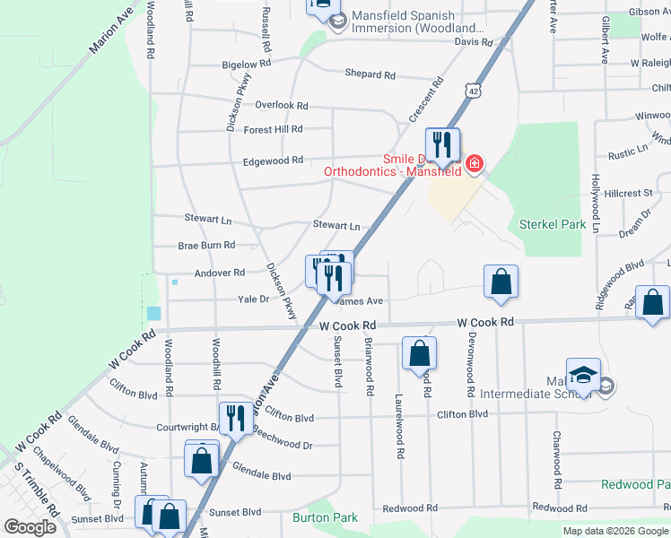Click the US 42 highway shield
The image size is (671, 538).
point(473,91)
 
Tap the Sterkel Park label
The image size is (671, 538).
point(552,224)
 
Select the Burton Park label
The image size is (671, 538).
point(325,517)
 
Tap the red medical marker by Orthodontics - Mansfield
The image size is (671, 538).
point(474,165)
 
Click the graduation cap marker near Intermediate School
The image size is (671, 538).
point(583,376)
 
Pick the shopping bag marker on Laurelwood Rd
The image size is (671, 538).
point(419,354)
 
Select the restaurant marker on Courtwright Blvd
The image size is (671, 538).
point(236,419)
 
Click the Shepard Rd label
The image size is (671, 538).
point(370,75)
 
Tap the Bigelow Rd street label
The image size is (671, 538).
point(246,65)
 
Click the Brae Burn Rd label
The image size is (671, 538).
point(206,245)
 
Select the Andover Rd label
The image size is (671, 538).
point(220,273)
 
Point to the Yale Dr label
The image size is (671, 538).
point(253,299)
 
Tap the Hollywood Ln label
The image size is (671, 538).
point(595,203)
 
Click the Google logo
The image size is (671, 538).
point(30,526)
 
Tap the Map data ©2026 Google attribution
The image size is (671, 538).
point(615,531)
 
